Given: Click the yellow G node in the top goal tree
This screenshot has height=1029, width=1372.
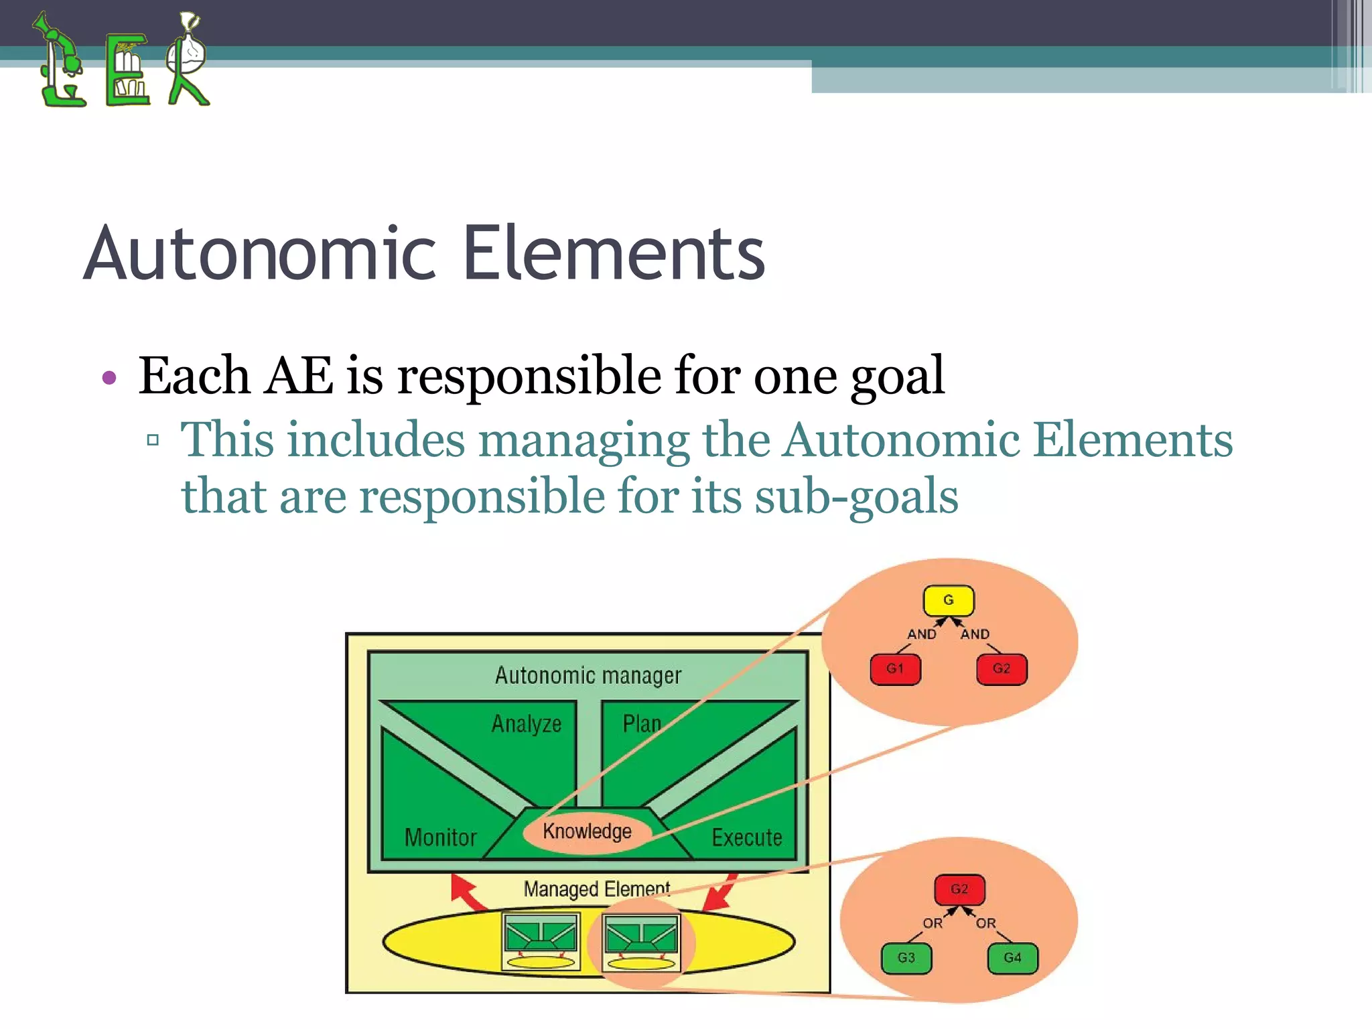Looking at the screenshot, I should pos(948,600).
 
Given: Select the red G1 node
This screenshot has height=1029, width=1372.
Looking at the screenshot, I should pos(895,669).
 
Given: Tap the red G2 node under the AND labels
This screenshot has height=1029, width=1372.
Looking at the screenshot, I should pos(1001,669).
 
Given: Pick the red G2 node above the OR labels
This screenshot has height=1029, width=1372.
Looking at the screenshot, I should pos(959,889).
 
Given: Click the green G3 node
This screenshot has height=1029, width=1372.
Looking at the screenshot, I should pos(906,958).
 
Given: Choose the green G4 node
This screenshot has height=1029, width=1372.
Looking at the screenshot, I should pos(1012,958).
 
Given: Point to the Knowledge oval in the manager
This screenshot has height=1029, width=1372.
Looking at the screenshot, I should pos(587,831).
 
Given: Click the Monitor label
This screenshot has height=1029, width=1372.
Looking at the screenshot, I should pos(440,837).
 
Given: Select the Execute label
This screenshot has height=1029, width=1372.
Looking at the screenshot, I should pos(746,837).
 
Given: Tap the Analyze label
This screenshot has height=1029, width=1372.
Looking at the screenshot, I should pos(526,724).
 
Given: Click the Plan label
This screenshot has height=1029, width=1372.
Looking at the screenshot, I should pos(641,724).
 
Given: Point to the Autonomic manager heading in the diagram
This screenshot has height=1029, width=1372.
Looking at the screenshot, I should pos(588,675).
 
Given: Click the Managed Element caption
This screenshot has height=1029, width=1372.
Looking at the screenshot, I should pos(596,889).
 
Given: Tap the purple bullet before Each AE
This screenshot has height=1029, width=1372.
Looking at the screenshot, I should pos(109,378).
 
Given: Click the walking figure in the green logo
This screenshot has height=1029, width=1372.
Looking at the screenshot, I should pos(188,60).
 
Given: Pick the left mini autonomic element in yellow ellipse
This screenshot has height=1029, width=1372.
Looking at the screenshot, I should pos(541,941).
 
